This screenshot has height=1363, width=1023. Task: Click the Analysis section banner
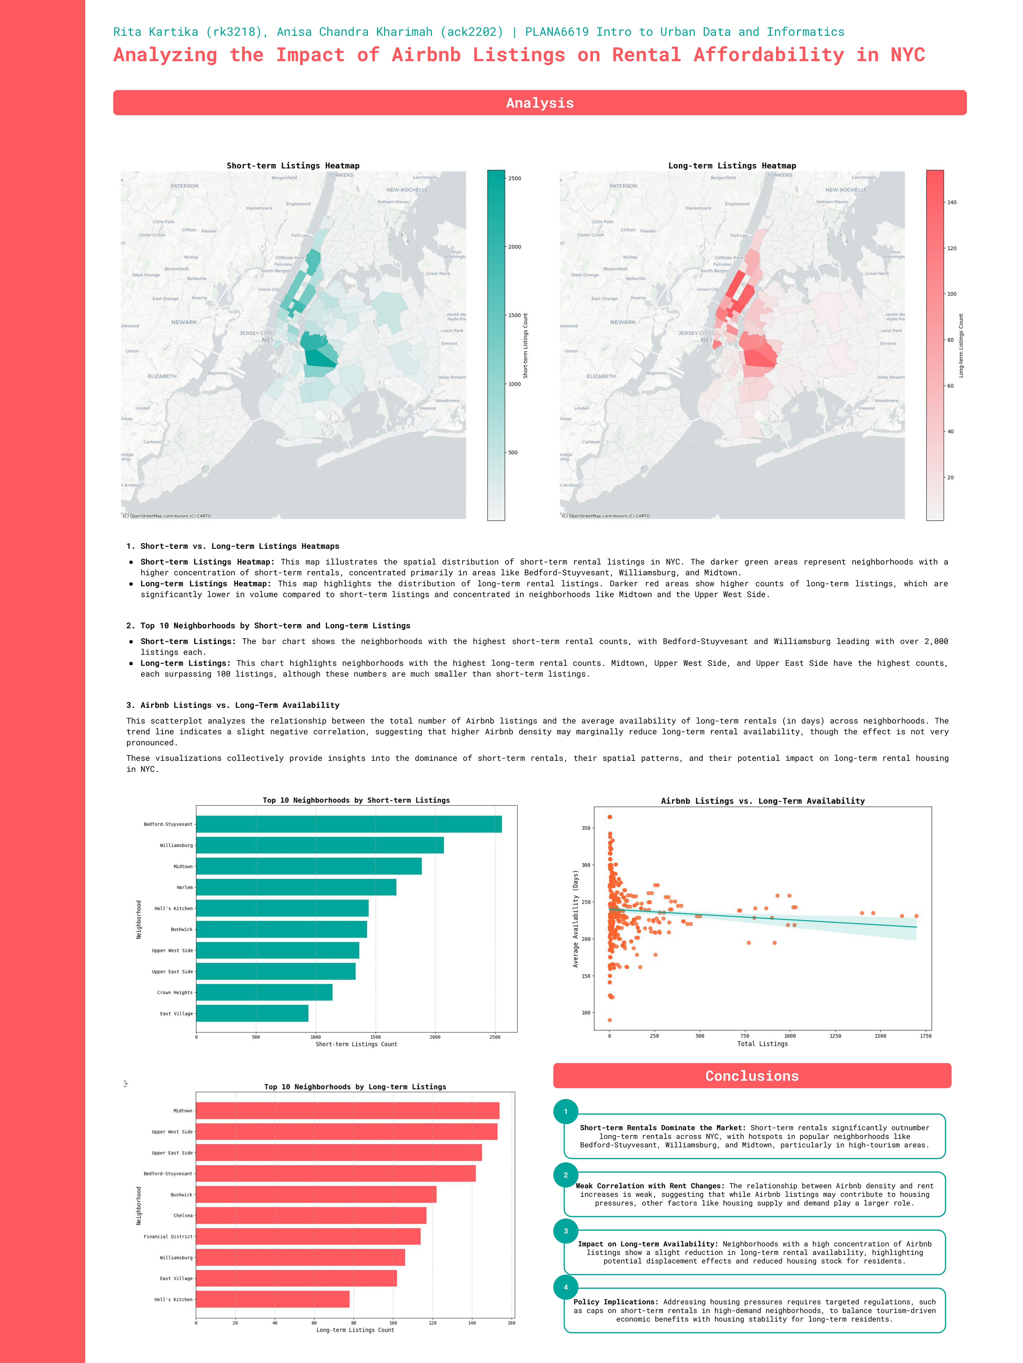coord(539,103)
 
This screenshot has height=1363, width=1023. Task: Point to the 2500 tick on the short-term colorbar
coord(514,179)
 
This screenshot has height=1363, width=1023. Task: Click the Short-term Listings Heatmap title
coord(293,166)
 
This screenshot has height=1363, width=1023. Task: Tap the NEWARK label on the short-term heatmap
coord(184,322)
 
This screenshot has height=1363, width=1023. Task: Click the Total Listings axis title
coord(762,1044)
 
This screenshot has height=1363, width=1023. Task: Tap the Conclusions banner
coord(752,1076)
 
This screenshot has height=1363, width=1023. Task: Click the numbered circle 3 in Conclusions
coord(566,1231)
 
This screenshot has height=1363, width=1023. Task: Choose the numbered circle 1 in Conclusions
coord(566,1112)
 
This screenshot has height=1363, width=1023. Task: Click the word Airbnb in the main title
coord(426,55)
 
